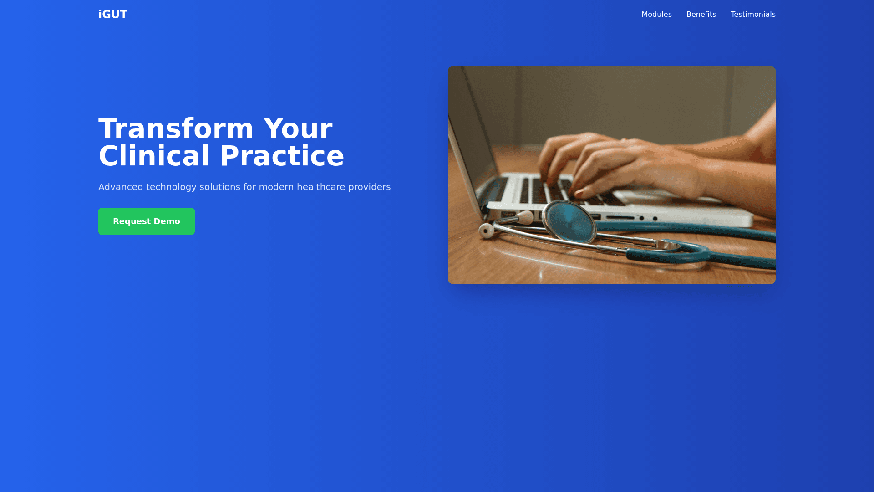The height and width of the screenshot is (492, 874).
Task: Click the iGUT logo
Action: [113, 15]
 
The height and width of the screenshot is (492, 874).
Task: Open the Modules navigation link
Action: [656, 15]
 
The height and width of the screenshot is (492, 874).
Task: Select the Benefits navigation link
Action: [701, 15]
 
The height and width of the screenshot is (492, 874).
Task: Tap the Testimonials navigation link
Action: [753, 15]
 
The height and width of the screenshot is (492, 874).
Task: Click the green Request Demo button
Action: [147, 221]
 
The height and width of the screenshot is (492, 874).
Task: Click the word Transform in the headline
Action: [176, 128]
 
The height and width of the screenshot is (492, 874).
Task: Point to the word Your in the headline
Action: [298, 128]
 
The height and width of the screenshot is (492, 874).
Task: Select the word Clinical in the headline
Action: [154, 156]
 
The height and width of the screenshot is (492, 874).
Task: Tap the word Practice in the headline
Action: [282, 156]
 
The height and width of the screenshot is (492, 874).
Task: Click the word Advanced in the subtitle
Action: [121, 187]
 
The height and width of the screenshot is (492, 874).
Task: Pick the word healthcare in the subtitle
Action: [321, 187]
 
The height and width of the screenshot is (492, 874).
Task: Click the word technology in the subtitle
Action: [171, 187]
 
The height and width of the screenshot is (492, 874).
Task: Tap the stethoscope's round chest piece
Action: [569, 222]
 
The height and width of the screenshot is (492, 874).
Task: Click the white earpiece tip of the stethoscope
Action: [487, 231]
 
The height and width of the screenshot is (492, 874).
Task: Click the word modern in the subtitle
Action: [276, 187]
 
